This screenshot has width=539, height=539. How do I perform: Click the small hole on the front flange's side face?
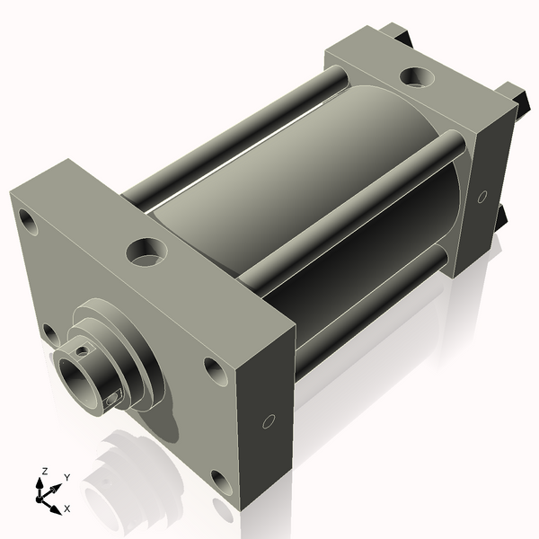(269, 420)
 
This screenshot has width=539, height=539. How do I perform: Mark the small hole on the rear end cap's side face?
(482, 196)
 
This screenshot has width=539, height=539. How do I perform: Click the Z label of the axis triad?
(44, 471)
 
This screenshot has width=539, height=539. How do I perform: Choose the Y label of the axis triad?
(66, 478)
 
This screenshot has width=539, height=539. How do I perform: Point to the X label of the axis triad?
(66, 508)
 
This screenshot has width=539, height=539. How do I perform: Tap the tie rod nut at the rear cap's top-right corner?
(513, 93)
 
